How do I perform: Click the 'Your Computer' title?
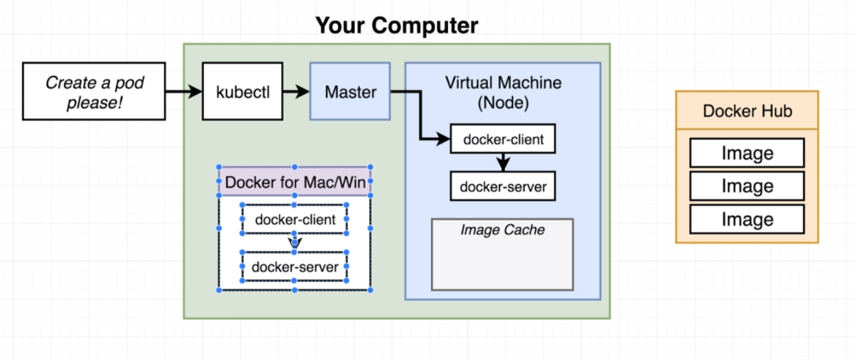point(397,25)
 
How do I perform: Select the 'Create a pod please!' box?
point(94,91)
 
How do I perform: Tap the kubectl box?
point(243,91)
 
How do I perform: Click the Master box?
point(350,91)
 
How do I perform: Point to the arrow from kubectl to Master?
point(296,91)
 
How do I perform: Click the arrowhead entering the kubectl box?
point(196,91)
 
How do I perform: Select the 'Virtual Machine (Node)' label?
point(503,92)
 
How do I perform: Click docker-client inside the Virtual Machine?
point(503,139)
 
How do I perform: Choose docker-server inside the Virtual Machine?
point(503,186)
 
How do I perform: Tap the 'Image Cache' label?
point(502,230)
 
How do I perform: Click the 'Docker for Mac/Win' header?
point(295,182)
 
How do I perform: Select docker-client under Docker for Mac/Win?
point(295,219)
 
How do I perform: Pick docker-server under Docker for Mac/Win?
point(295,266)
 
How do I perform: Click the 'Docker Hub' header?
point(747,110)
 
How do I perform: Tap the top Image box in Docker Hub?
point(747,153)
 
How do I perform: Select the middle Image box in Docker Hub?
point(747,186)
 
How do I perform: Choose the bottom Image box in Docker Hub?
point(747,219)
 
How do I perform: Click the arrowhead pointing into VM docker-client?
point(444,139)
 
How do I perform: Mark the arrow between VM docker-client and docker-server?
point(503,162)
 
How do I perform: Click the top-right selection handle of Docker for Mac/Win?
point(370,167)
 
